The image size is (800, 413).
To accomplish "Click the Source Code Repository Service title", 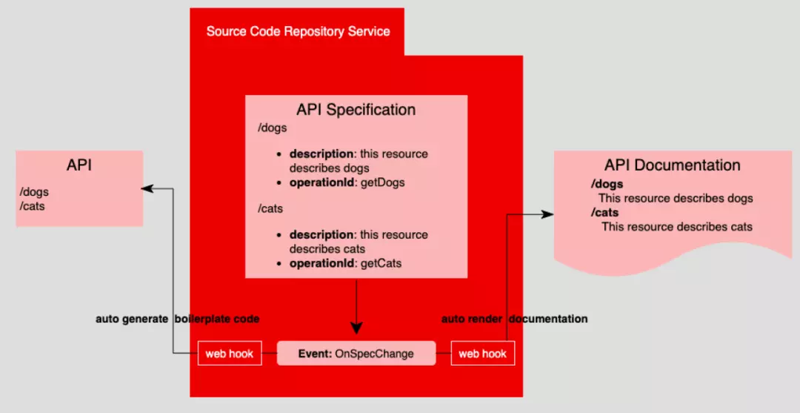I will point(298,31).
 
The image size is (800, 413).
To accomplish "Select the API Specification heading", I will point(356,110).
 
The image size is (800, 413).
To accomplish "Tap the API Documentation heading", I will point(672,165).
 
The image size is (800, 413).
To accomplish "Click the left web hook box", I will point(230,354).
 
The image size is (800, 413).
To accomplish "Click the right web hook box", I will point(482,354).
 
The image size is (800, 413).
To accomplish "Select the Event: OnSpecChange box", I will point(356,354).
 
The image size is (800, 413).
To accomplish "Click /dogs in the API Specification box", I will point(272,128).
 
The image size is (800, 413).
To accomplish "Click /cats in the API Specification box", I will point(270,208).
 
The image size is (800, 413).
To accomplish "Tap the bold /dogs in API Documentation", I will point(607,184).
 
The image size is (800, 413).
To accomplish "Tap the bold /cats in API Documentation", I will point(605,213).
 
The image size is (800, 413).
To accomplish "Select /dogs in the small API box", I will point(35,193).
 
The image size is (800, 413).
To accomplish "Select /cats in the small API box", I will point(33,206).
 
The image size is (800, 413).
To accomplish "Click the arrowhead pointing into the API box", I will point(148,188).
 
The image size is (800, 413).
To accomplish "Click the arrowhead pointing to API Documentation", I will point(547,214).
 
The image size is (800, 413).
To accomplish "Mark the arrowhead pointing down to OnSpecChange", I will point(356,327).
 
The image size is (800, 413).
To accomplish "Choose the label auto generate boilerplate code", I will point(178,319).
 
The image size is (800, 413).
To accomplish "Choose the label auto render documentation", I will point(514,319).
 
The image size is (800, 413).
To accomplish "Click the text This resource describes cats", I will point(676,227).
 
